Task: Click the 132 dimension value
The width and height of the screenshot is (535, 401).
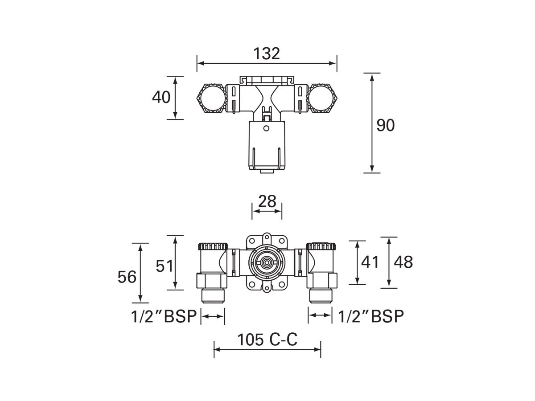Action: click(267, 53)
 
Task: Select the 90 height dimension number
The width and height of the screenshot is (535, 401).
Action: click(386, 126)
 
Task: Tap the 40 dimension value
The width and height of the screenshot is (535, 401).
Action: click(161, 97)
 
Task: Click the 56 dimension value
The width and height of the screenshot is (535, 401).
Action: click(127, 277)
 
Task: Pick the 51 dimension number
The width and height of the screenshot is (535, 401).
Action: click(165, 266)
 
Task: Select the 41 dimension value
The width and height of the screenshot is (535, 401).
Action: click(370, 262)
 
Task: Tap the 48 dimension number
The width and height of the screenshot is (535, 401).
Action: click(403, 262)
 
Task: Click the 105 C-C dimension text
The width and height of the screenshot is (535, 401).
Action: click(267, 340)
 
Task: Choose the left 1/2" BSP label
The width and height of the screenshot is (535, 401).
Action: click(164, 316)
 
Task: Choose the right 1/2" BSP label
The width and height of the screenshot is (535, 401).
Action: click(371, 316)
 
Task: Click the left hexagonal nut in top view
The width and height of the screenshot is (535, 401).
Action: click(211, 99)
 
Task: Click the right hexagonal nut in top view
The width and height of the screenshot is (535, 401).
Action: click(323, 99)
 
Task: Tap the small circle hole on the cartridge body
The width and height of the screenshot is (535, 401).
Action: click(266, 129)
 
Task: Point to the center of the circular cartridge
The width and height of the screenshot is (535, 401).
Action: click(267, 263)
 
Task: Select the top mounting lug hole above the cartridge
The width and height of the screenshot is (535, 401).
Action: click(267, 237)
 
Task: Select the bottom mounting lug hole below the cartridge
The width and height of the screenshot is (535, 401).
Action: click(267, 289)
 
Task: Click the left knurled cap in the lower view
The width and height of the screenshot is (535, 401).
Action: click(213, 246)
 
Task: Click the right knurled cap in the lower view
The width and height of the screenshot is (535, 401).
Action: click(321, 246)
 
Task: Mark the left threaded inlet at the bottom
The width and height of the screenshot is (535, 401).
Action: click(213, 295)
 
